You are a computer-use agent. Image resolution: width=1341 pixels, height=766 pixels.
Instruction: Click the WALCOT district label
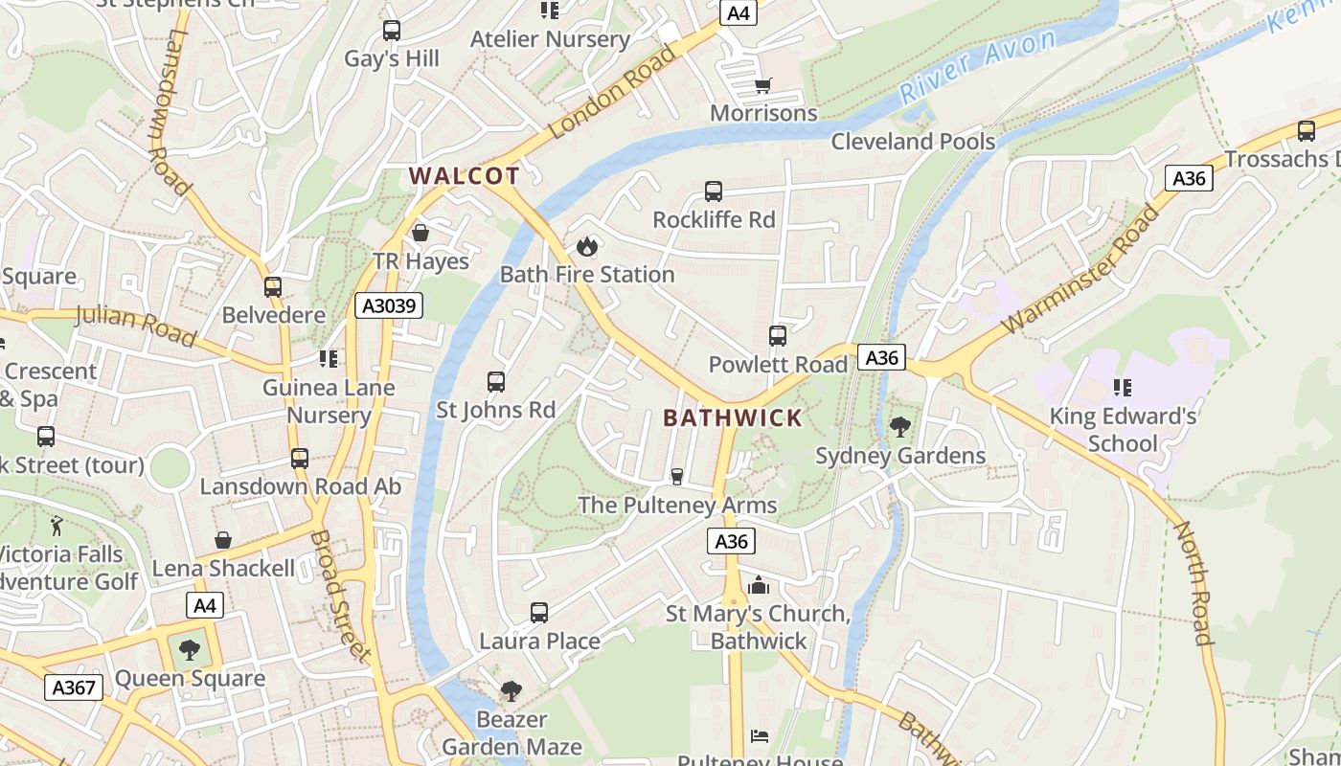click(x=465, y=176)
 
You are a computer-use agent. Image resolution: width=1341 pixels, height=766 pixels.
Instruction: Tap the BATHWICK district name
click(x=733, y=417)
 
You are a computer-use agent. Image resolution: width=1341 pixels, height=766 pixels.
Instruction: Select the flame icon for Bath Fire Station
click(x=587, y=247)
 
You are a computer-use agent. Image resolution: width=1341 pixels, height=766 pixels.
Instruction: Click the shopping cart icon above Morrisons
click(x=763, y=86)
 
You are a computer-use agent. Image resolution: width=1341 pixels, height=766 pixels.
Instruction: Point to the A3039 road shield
click(x=389, y=305)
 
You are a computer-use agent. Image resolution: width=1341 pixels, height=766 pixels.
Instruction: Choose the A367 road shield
click(x=74, y=687)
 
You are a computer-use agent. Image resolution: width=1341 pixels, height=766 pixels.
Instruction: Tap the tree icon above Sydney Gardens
click(x=899, y=427)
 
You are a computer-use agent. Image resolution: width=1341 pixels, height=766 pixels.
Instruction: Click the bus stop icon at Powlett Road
click(x=778, y=336)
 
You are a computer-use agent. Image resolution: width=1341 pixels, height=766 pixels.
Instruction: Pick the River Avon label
click(x=978, y=65)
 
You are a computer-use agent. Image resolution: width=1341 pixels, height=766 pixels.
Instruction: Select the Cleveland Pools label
click(x=913, y=142)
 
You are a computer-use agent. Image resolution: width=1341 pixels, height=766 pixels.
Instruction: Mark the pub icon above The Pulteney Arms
click(x=677, y=477)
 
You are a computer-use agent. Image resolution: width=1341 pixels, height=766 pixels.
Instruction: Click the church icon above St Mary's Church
click(x=759, y=585)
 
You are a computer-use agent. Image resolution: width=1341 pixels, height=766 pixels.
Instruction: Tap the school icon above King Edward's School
click(x=1123, y=388)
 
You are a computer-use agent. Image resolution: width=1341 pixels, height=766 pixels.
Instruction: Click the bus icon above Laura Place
click(x=539, y=613)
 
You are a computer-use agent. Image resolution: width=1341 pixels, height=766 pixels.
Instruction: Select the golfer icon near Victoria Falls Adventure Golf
click(x=57, y=525)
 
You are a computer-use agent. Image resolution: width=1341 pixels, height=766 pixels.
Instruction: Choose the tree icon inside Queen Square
click(x=190, y=650)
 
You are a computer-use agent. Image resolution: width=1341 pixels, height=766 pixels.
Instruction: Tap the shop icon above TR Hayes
click(x=420, y=234)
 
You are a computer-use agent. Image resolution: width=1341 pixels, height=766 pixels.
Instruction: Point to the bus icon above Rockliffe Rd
click(x=714, y=191)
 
